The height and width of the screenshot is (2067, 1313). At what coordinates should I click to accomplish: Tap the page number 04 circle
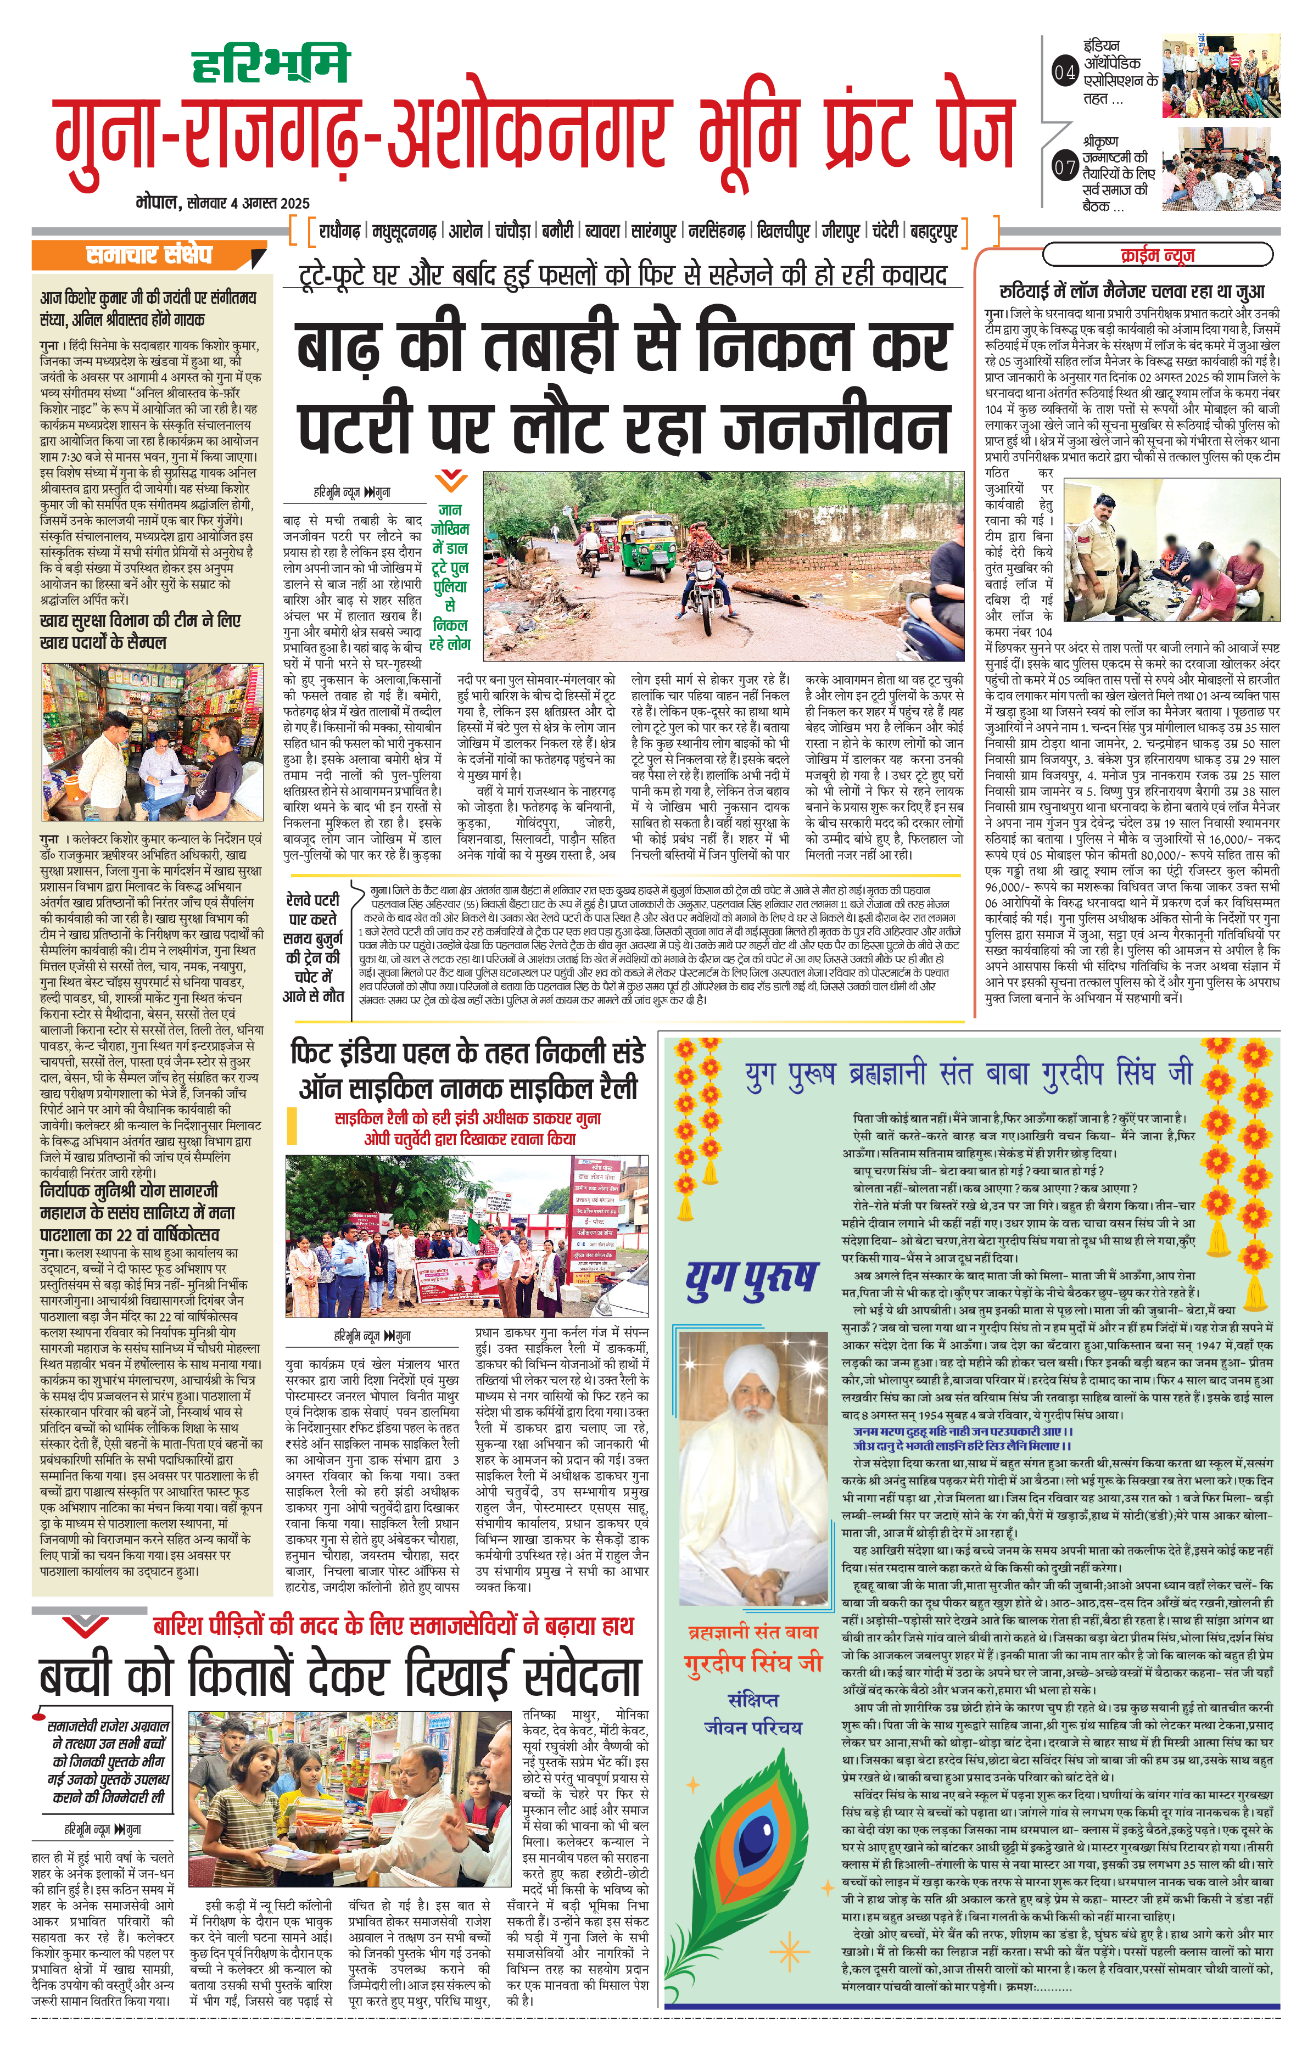1064,73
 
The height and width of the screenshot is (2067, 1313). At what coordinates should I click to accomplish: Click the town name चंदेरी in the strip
885,231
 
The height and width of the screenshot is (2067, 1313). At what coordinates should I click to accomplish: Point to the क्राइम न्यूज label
1156,255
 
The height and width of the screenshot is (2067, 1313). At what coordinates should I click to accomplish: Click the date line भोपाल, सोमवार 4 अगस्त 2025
224,204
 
